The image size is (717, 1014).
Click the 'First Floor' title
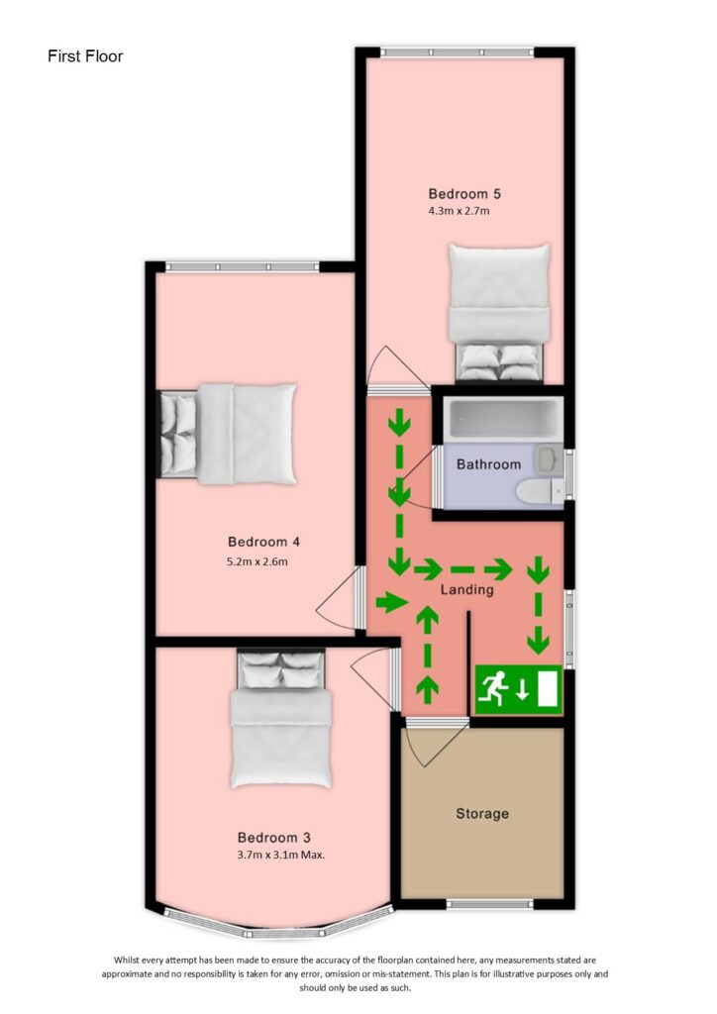click(85, 56)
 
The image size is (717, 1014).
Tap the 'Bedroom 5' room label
click(458, 193)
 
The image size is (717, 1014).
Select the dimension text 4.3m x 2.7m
click(459, 210)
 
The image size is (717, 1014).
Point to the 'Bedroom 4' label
click(263, 542)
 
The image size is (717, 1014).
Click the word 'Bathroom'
click(488, 464)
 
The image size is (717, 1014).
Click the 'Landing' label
click(466, 590)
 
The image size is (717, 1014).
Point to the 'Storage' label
click(482, 814)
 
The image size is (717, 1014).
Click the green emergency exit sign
click(519, 689)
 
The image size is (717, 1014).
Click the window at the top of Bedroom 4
click(243, 266)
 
